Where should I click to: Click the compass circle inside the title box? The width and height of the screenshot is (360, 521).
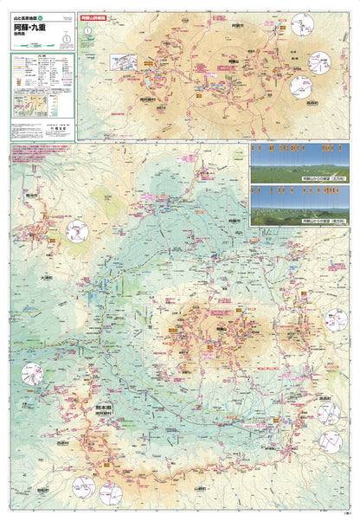coord(88,33)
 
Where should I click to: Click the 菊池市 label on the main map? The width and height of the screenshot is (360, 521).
coord(34,195)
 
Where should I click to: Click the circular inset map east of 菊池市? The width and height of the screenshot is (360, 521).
coord(80,231)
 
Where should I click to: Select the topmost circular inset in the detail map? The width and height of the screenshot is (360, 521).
coord(302,23)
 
